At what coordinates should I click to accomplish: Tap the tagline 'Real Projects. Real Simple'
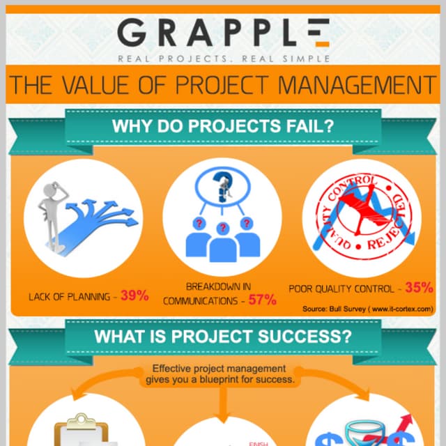click(223, 59)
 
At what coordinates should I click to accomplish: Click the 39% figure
click(134, 295)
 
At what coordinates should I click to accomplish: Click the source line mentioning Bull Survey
click(368, 308)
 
